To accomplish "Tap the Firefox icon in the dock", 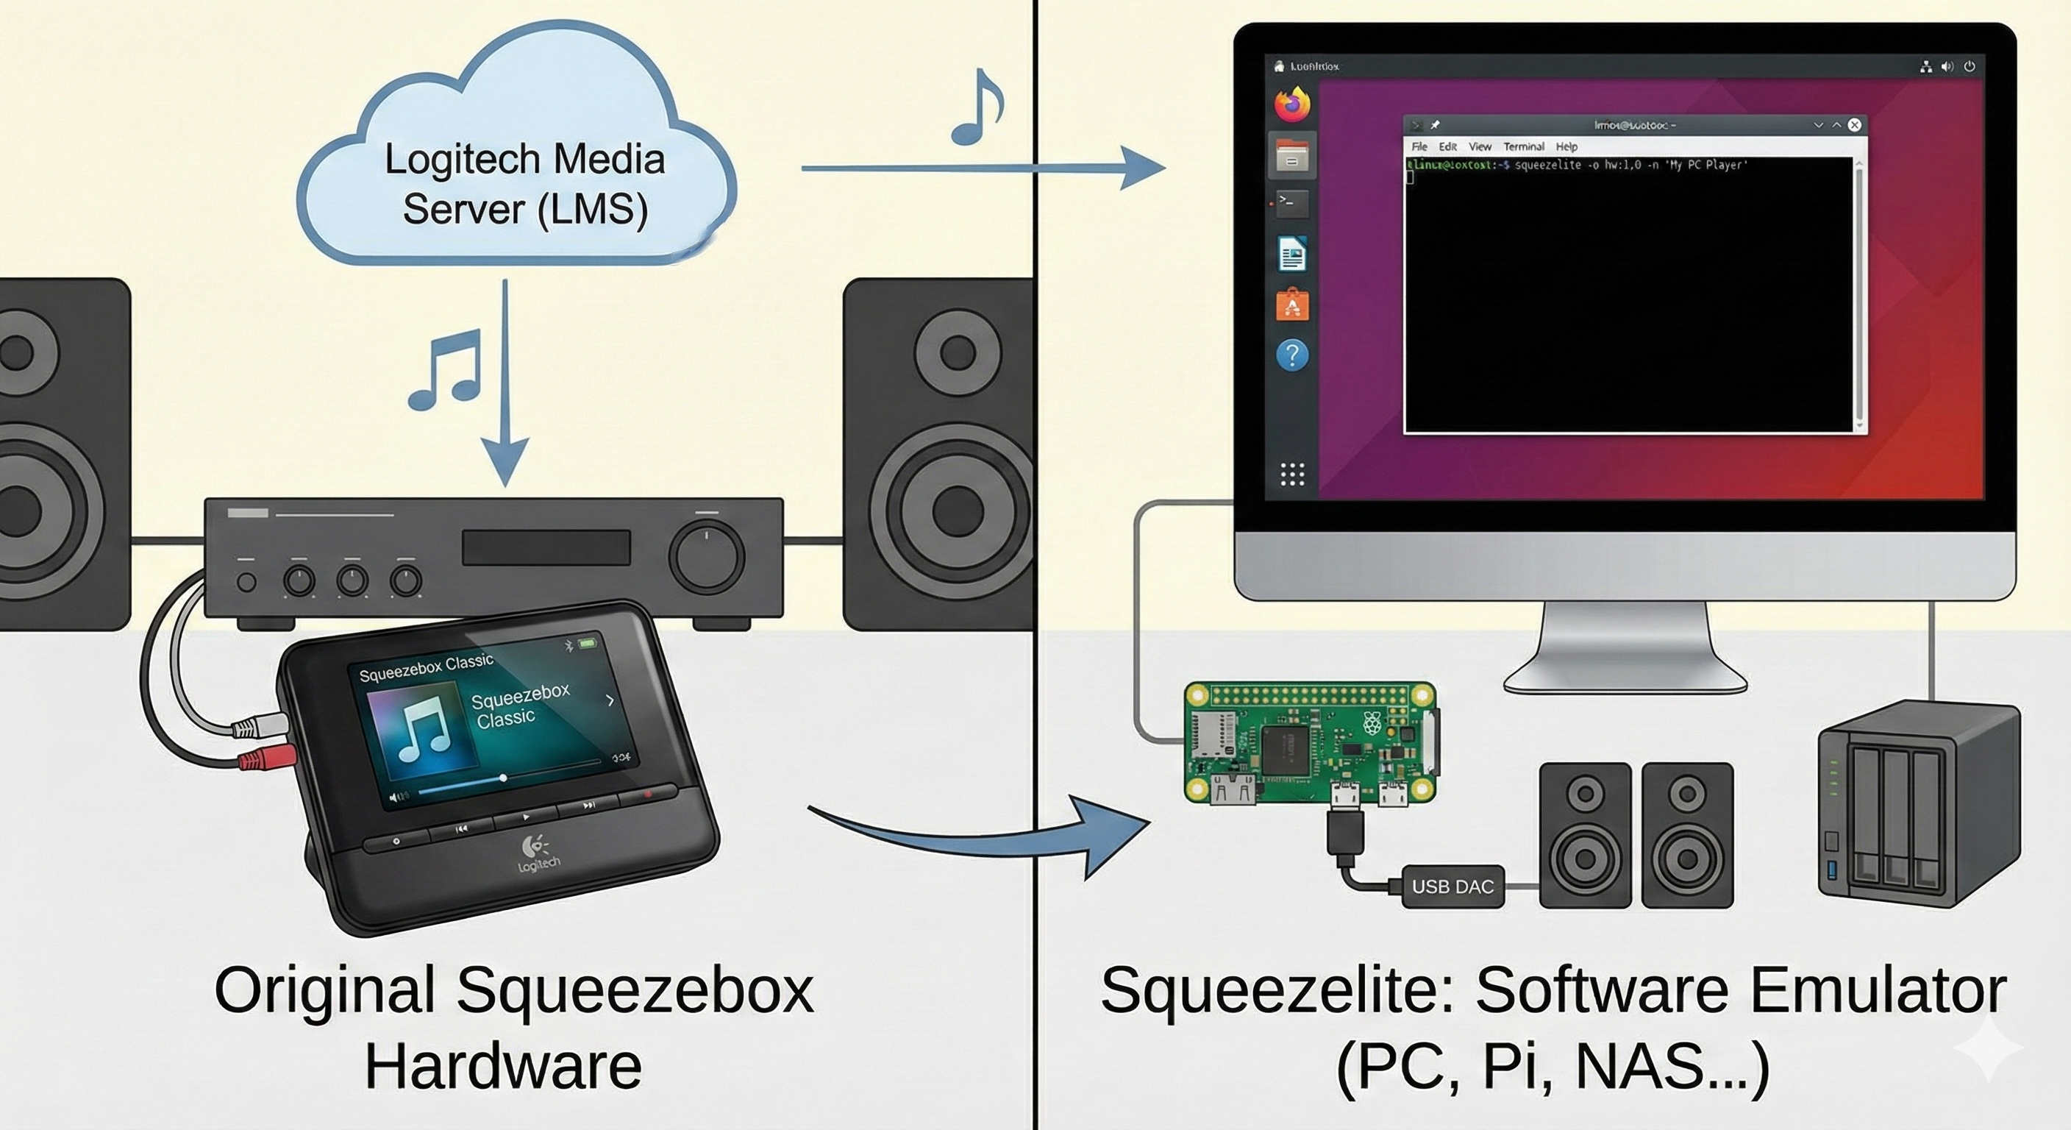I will click(1292, 104).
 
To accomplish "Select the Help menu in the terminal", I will click(1566, 146).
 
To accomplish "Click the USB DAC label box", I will click(1452, 886).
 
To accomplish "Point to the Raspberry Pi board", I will click(1311, 744).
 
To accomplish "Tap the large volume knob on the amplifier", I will click(707, 555).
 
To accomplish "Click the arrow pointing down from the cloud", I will click(505, 386).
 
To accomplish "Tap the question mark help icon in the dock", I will click(1292, 355).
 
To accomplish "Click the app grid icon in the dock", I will click(1292, 475).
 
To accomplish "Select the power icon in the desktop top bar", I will click(1969, 67).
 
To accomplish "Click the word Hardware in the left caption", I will click(503, 1067).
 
